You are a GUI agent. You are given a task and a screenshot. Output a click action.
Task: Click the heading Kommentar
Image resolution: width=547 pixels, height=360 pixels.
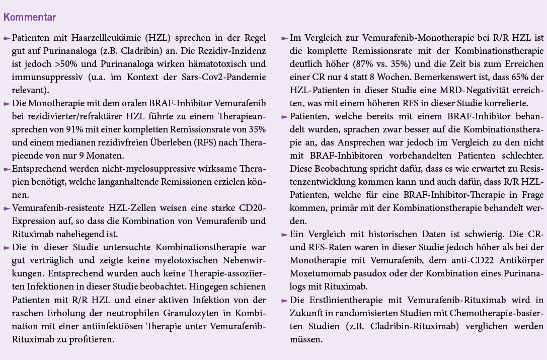pos(30,18)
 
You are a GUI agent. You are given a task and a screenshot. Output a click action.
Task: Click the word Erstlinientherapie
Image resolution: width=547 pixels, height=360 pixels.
pos(341,300)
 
